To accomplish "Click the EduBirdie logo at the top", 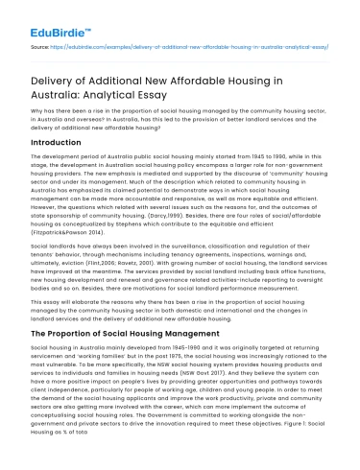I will pyautogui.click(x=46, y=17).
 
